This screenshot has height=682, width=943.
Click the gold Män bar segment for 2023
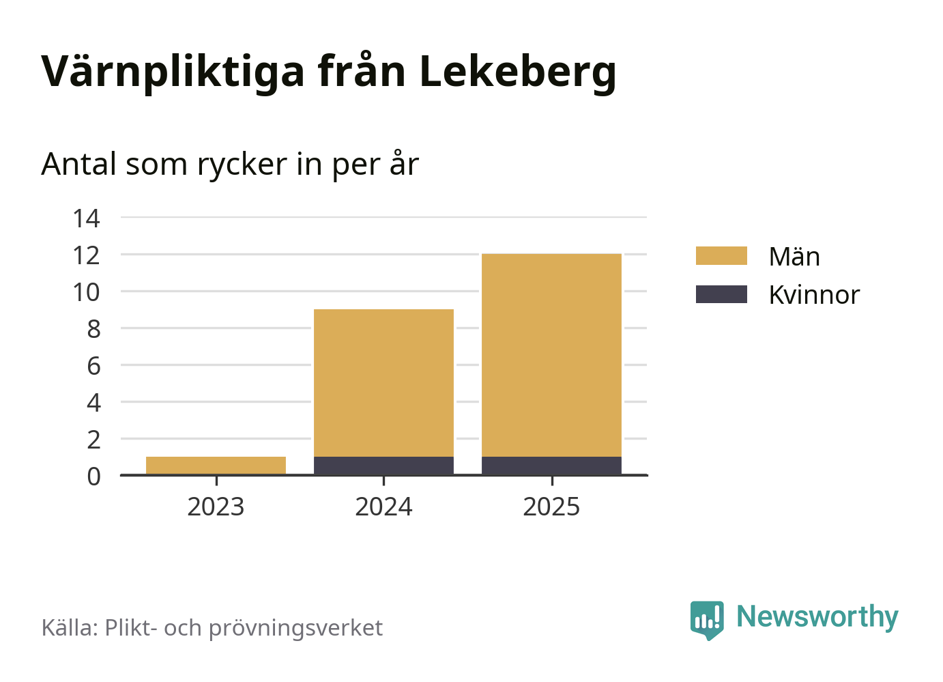click(x=216, y=465)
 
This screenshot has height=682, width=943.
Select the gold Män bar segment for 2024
click(x=383, y=382)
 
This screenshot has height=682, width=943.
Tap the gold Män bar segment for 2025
click(x=551, y=355)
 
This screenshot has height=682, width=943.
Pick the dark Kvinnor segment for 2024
click(x=383, y=466)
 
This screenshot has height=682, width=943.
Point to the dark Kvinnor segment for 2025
click(x=551, y=466)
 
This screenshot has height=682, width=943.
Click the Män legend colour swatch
click(x=721, y=256)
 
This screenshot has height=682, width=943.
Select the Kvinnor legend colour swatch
click(x=721, y=294)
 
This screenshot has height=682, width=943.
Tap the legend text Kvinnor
click(x=813, y=295)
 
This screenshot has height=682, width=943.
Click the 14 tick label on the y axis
click(x=87, y=218)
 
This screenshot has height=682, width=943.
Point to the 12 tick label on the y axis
click(x=87, y=255)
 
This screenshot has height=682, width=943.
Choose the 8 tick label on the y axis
click(x=93, y=329)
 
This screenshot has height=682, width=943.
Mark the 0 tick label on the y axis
click(x=93, y=476)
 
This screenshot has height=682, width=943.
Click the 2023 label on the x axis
click(x=216, y=507)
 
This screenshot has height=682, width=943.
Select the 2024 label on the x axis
click(x=383, y=507)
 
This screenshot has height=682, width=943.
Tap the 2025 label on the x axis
click(x=551, y=507)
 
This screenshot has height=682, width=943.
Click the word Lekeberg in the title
click(x=517, y=72)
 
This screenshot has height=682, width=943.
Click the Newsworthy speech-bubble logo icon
click(x=706, y=619)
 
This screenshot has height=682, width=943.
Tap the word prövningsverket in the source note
click(x=295, y=628)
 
